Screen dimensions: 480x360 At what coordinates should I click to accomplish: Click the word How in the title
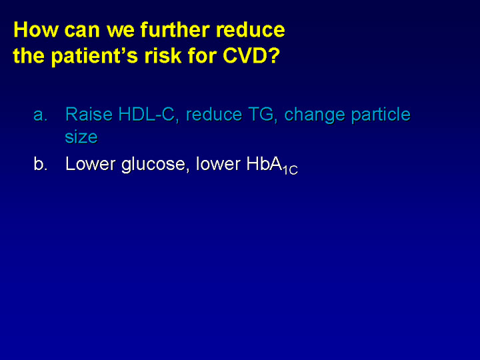coord(35,30)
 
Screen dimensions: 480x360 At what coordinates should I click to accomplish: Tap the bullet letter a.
coord(41,115)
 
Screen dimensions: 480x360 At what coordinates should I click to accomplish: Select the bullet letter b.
coord(41,163)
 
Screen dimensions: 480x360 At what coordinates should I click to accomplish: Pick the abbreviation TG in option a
coord(263,115)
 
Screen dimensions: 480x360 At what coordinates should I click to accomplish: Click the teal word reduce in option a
coord(214,115)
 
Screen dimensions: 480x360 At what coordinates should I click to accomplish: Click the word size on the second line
coord(81,137)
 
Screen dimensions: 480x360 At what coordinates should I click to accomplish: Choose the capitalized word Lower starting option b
coord(92,163)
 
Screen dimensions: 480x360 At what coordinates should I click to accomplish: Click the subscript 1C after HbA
coord(290,170)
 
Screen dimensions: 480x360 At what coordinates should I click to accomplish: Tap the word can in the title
coord(82,31)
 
